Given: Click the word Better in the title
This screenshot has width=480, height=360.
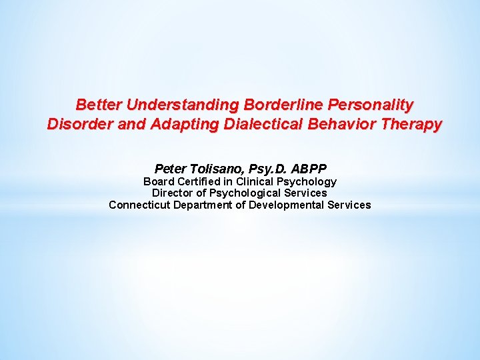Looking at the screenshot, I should tap(99, 105).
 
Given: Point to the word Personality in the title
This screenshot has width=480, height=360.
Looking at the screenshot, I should tap(373, 105).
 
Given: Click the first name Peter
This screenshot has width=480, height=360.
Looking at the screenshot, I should tap(169, 169).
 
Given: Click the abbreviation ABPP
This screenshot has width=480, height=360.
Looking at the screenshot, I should tap(309, 169).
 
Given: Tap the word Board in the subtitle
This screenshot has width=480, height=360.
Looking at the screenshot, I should tap(159, 181).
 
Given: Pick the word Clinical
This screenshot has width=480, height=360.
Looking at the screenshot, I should tap(258, 181).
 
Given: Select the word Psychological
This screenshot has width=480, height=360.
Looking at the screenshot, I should tap(241, 193).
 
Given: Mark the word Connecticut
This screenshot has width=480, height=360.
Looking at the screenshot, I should tap(139, 205).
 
